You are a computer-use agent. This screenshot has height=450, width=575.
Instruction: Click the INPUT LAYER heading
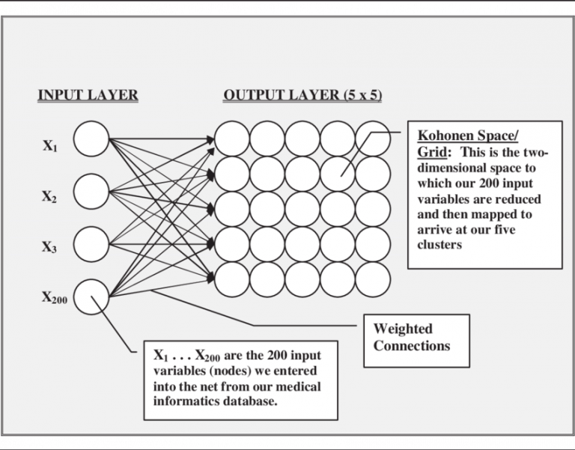pyautogui.click(x=88, y=95)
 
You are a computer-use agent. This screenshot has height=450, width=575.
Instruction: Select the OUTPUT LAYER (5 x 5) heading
pyautogui.click(x=302, y=95)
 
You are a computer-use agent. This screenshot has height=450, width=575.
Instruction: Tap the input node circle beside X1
pyautogui.click(x=91, y=139)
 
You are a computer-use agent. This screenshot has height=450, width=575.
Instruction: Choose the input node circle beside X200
pyautogui.click(x=91, y=296)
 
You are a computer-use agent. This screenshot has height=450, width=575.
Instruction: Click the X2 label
pyautogui.click(x=49, y=197)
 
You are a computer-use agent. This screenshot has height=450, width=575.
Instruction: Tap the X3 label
pyautogui.click(x=49, y=248)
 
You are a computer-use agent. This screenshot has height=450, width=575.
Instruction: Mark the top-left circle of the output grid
pyautogui.click(x=232, y=139)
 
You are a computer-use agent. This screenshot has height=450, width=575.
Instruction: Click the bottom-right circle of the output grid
pyautogui.click(x=373, y=279)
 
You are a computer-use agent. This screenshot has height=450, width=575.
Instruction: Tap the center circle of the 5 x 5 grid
pyautogui.click(x=302, y=209)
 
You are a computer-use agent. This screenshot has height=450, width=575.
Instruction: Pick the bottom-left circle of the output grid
pyautogui.click(x=232, y=279)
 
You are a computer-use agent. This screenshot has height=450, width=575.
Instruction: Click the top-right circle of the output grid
pyautogui.click(x=373, y=139)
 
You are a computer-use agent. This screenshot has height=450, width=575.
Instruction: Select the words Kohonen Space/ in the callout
pyautogui.click(x=466, y=136)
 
